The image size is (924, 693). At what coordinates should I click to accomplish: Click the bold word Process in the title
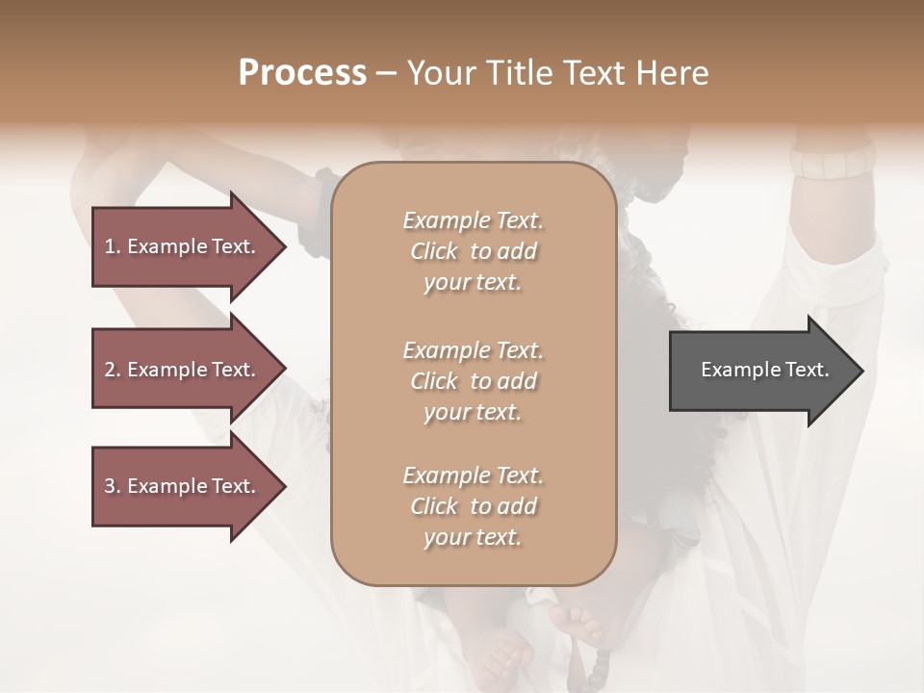tap(302, 73)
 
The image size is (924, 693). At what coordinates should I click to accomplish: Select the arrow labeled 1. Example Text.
tap(183, 246)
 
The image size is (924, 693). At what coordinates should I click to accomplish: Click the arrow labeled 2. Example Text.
tap(183, 370)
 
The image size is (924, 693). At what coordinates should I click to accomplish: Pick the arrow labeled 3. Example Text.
tap(183, 486)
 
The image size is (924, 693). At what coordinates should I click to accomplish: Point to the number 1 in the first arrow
tap(110, 246)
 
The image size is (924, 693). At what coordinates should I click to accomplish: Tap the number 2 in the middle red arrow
tap(110, 370)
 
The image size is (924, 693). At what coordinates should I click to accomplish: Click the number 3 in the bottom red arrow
tap(110, 486)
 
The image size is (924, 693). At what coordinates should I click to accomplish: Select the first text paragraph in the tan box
tap(473, 251)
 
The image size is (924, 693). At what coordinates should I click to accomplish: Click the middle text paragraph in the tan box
tap(473, 381)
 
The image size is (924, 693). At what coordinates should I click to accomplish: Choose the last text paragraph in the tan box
tap(473, 506)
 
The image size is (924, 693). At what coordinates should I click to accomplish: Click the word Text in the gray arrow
tap(808, 370)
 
